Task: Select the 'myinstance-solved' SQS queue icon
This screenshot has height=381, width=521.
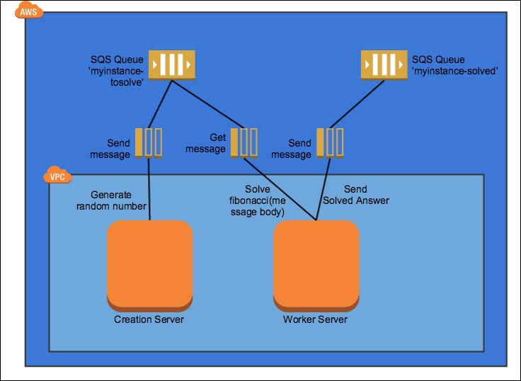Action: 382,65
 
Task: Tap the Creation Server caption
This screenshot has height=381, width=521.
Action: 149,319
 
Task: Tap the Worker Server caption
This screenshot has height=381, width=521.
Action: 315,319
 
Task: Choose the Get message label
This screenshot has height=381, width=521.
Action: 207,143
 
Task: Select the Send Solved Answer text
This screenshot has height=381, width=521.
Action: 356,195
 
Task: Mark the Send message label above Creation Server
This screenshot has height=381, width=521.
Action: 110,149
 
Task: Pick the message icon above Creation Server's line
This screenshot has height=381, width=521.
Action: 149,142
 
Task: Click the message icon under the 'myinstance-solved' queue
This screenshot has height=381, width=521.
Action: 330,142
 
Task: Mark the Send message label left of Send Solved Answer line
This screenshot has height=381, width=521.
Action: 291,149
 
